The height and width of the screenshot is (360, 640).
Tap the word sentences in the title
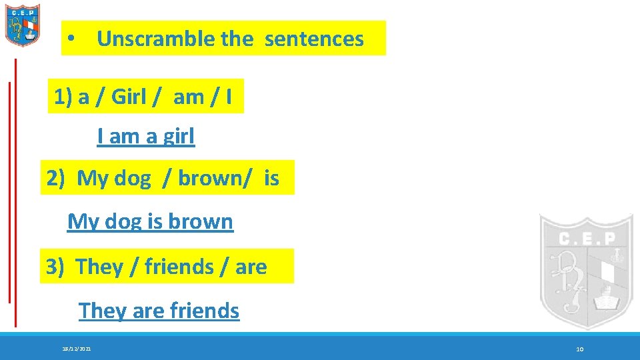point(314,39)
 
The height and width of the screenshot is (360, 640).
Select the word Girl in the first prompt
point(129,97)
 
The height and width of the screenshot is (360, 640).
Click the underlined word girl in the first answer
point(178,137)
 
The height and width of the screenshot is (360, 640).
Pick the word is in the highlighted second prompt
point(271,179)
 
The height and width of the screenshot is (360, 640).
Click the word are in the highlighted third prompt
point(251,267)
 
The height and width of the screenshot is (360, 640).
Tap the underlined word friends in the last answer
point(204,311)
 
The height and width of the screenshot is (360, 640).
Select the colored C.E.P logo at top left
point(23,25)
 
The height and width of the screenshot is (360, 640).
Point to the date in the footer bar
point(77,349)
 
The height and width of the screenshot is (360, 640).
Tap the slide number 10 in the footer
point(579,349)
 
